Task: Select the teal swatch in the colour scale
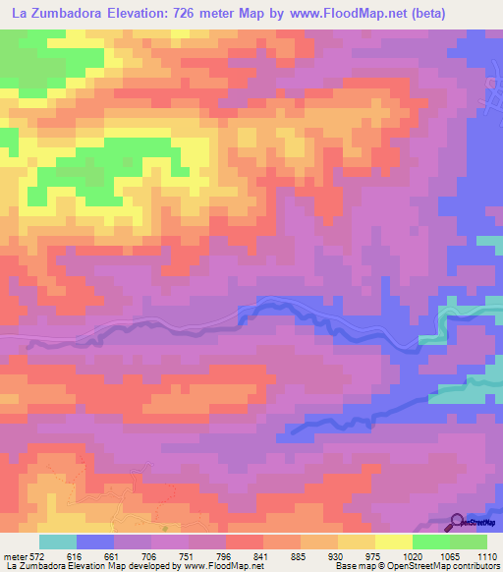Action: (x=57, y=542)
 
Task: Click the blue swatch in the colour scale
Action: (x=94, y=542)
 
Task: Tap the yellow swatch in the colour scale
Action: (x=393, y=542)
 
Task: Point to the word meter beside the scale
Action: (x=13, y=555)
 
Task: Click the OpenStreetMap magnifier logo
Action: (x=458, y=522)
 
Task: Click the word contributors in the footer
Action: (x=476, y=567)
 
